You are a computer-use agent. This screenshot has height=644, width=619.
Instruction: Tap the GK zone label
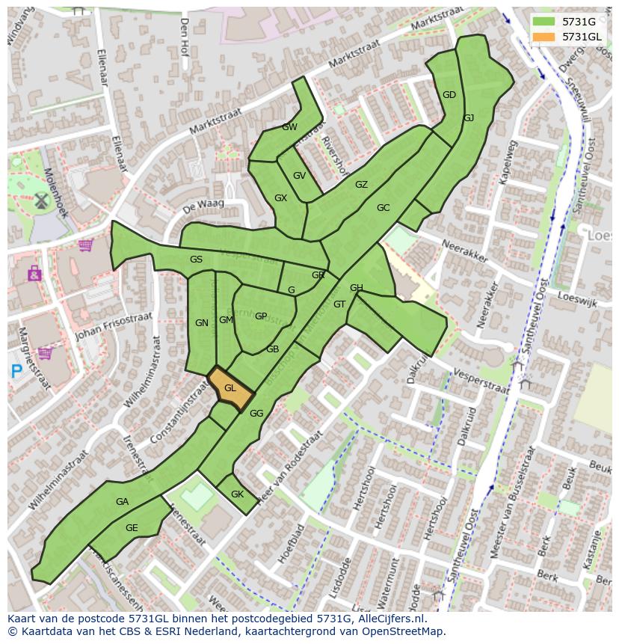coord(237,494)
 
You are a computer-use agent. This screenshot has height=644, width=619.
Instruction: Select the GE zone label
coord(132,528)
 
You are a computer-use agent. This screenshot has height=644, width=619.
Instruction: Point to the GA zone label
coord(123,502)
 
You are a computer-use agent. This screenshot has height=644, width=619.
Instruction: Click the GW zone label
coord(289,127)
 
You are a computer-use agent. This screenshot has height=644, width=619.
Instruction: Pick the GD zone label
coord(449,95)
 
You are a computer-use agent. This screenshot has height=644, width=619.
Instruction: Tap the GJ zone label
coord(468,118)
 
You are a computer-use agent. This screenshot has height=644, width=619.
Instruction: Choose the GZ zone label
coord(361,185)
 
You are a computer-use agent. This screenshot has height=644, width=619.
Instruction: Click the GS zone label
coord(196,260)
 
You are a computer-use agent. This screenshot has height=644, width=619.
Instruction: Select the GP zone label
coord(260,316)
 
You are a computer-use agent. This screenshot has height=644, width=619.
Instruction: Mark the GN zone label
coord(201,323)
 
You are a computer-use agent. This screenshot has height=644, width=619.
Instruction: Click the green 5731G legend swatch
coord(543,22)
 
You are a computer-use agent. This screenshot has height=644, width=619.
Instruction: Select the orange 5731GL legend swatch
coord(543,37)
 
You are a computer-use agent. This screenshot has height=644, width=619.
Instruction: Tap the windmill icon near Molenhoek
coord(40,200)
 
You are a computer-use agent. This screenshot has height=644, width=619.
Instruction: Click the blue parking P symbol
coord(16,369)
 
